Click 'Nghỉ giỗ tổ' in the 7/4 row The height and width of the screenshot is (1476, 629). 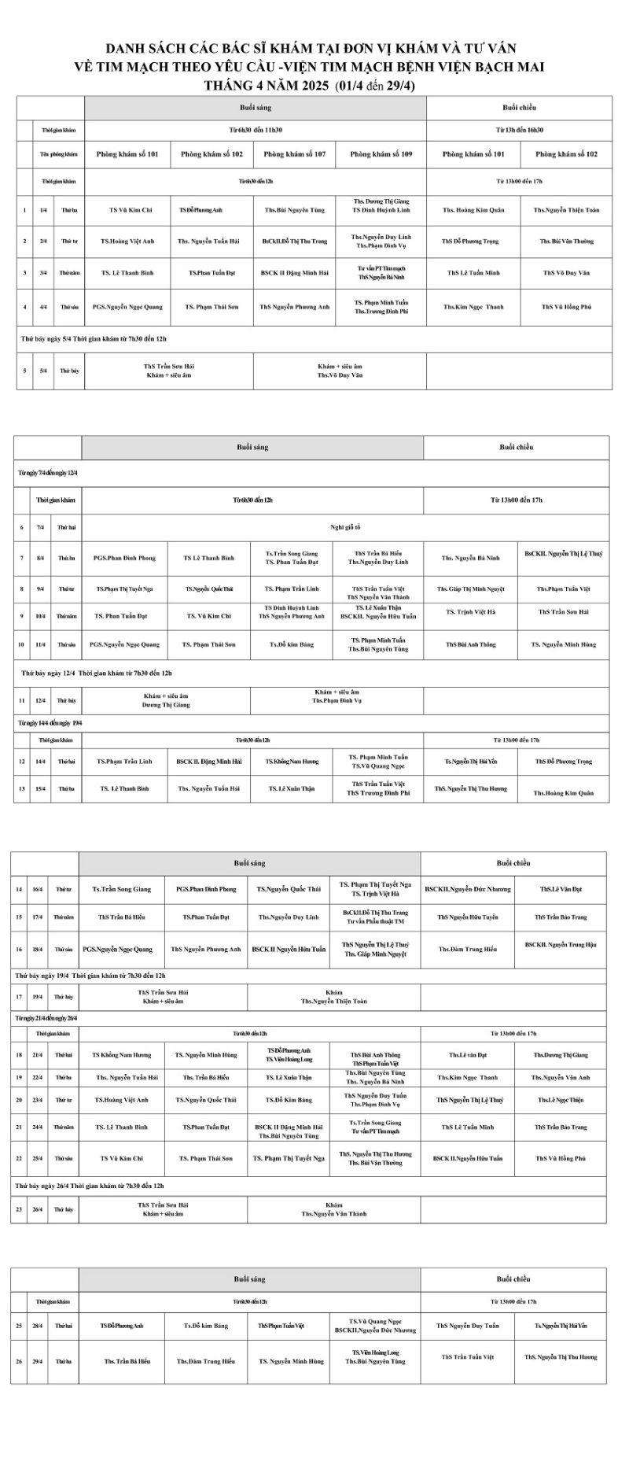coord(345,527)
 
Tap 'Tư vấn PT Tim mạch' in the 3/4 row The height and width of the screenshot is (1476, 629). coord(381,268)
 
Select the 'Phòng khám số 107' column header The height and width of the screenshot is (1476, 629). coord(295,154)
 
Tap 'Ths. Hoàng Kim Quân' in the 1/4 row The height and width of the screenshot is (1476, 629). coord(473,210)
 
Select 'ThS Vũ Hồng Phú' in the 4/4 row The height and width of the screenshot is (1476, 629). coord(566,307)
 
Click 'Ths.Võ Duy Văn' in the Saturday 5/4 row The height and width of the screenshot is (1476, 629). coord(340,375)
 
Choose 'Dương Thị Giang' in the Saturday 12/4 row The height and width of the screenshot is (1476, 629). coord(166,705)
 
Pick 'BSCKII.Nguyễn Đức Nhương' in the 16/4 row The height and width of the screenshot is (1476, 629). coord(468,889)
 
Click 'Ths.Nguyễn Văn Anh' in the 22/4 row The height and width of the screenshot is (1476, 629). coord(561,1078)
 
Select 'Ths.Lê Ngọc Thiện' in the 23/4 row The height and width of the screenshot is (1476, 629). coord(561,1100)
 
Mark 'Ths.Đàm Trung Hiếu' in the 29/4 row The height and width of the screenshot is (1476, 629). coord(205,1361)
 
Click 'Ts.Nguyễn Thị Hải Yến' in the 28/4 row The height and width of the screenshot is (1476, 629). coord(561,1326)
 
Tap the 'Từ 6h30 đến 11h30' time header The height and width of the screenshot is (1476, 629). coord(255,130)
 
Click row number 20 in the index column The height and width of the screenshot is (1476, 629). coord(19,1100)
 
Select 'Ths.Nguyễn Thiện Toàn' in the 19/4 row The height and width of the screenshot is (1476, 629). coord(333,1002)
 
